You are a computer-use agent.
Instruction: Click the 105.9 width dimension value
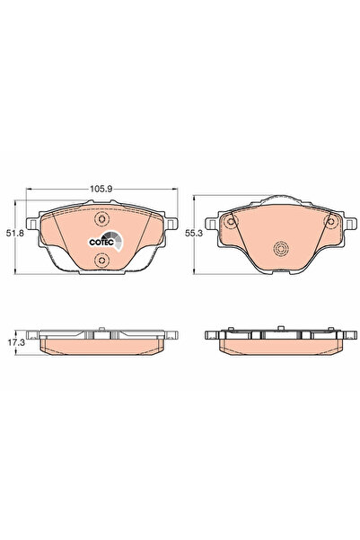point(101,190)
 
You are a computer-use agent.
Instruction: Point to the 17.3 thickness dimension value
point(13,342)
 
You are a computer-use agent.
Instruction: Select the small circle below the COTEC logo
point(101,261)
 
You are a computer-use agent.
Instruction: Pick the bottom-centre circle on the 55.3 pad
point(278,250)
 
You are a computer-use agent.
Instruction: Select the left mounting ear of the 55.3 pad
point(213,225)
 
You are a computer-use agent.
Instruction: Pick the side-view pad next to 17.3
point(101,344)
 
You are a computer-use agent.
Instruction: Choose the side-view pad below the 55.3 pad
point(278,344)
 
